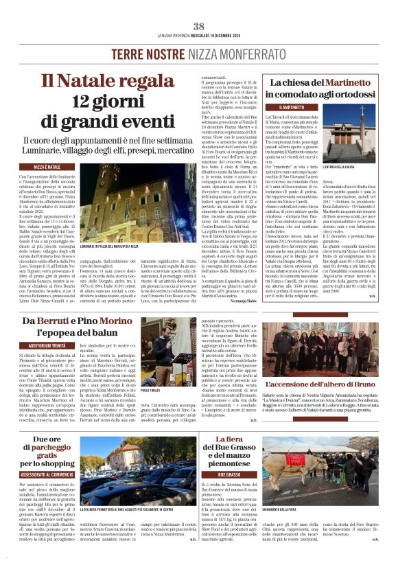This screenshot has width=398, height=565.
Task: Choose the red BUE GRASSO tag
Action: (229, 474)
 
